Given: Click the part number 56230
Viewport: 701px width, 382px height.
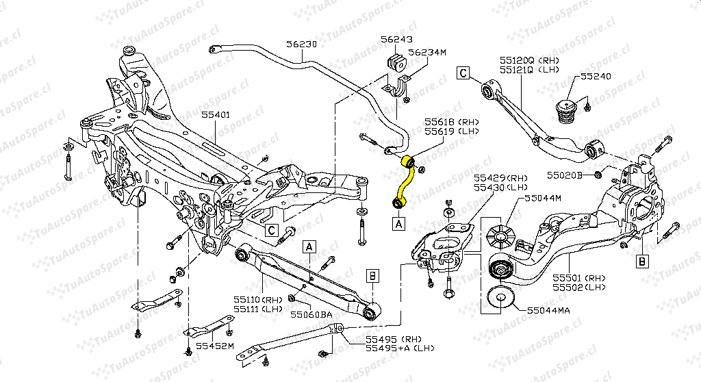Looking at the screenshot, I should point(302,43).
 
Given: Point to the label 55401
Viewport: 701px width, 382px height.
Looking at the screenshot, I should point(216,116).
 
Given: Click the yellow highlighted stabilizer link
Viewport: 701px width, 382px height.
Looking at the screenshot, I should point(403,181).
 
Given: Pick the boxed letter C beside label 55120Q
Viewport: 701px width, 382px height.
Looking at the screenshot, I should point(463,72).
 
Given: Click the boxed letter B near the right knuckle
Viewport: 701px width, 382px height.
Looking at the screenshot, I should point(642,260).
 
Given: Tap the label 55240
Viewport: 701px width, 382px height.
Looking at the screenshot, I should point(596,77).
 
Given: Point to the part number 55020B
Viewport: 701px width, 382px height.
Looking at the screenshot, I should point(563,175).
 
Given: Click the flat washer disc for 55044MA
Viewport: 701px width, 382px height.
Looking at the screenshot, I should point(499,297).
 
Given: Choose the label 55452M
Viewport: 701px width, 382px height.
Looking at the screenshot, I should point(216,346).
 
